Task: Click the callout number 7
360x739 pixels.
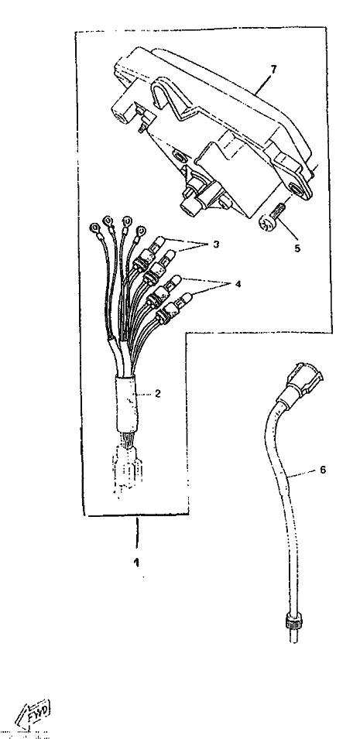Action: coord(273,69)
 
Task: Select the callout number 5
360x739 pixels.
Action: coord(297,248)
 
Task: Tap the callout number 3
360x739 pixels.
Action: coord(216,245)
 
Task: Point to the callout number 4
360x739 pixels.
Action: coord(238,284)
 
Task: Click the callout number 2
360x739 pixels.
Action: coord(158,393)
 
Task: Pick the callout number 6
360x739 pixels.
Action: coord(323,470)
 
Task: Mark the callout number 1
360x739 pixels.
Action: coord(136,563)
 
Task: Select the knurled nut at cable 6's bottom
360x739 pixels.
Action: coord(293,621)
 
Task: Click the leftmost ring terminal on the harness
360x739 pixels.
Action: coord(95,230)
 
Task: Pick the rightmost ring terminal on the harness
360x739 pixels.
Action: coord(140,232)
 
